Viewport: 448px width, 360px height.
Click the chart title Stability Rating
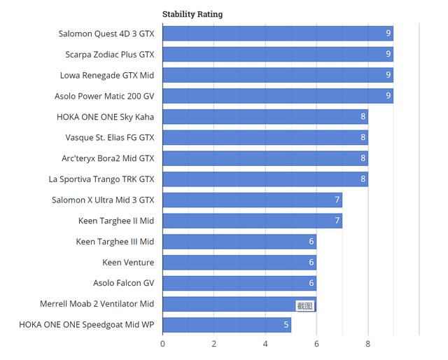coord(192,14)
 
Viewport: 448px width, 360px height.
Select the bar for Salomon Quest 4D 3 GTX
coord(276,33)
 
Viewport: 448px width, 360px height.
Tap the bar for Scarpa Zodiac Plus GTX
coord(276,54)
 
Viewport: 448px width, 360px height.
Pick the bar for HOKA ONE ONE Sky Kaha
coord(265,117)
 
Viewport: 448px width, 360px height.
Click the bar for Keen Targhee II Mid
coord(252,221)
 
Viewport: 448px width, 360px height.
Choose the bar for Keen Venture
coord(239,263)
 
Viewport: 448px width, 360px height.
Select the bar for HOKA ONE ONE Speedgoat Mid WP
coord(226,325)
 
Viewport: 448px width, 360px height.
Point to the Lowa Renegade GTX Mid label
coord(107,75)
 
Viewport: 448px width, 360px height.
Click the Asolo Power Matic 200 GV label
coord(104,96)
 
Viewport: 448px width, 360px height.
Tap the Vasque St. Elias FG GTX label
coord(110,137)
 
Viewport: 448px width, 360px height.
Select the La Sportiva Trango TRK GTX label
coord(101,179)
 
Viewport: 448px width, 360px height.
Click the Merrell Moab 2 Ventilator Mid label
coord(97,304)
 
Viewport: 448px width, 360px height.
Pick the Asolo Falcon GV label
coord(124,283)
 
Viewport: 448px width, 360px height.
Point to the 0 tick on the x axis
coord(162,344)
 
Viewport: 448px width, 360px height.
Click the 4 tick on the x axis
coord(265,344)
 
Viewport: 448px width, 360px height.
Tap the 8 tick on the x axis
coord(368,344)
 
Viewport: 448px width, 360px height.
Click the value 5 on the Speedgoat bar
coord(286,325)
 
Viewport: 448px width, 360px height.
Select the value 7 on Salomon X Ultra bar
coord(337,200)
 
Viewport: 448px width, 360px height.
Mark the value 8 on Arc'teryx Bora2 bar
coord(363,158)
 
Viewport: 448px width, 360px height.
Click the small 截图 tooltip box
coord(305,305)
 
